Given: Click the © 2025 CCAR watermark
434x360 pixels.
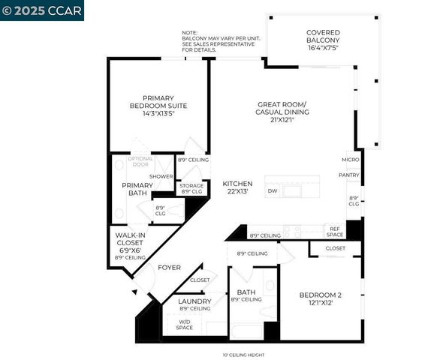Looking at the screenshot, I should coord(42,10).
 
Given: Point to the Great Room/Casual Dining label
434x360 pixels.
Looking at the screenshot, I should coord(282,112).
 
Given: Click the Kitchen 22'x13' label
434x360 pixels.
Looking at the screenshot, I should coord(237,187).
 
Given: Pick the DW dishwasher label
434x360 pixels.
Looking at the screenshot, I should coord(273,191).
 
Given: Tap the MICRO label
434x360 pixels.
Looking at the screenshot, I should coord(350,160).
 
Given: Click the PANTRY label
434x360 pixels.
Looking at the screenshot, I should coord(349,175).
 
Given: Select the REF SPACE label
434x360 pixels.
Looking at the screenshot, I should coord(335,231).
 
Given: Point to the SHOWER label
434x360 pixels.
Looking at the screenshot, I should coord(161,176).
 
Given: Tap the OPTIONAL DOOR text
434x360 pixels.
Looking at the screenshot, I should coord(140,161).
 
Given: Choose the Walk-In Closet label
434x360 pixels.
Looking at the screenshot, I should coord(130,244).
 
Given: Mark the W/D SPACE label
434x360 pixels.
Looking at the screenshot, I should coord(184,325).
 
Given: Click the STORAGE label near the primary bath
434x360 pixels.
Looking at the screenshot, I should coord(191,188).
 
